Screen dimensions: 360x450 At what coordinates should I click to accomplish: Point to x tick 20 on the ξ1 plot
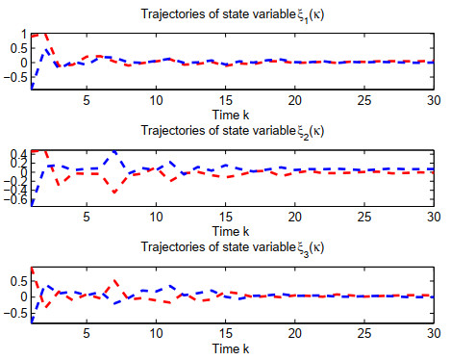(x=293, y=99)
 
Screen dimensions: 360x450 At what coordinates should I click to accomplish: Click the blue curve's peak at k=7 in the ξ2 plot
(x=114, y=151)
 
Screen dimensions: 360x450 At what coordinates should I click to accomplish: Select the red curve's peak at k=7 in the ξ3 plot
(x=114, y=280)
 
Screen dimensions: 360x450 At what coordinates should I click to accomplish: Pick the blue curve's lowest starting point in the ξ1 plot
(x=32, y=88)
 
